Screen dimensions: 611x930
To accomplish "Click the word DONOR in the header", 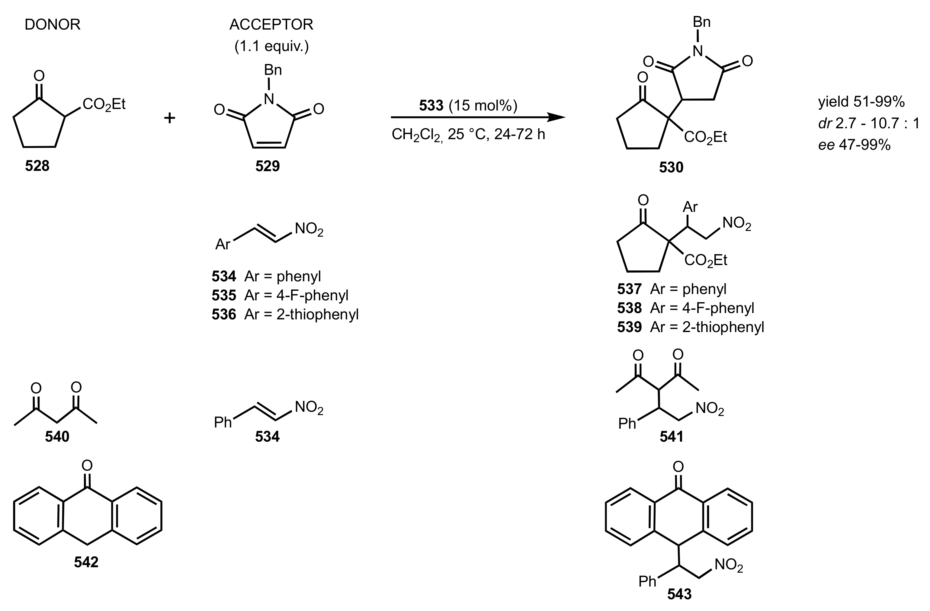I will pyautogui.click(x=52, y=25).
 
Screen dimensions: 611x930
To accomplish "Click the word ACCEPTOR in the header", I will pyautogui.click(x=271, y=25).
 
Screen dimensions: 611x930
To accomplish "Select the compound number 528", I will pyautogui.click(x=37, y=166).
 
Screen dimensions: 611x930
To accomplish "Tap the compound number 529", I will pyautogui.click(x=267, y=166).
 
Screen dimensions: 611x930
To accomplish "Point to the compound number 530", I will pyautogui.click(x=671, y=167).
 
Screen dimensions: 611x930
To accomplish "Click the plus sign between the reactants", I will pyautogui.click(x=169, y=118).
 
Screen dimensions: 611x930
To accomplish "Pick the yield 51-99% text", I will pyautogui.click(x=861, y=102).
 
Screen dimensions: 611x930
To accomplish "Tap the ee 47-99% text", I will pyautogui.click(x=854, y=145).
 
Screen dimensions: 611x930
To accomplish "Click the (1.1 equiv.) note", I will pyautogui.click(x=271, y=46).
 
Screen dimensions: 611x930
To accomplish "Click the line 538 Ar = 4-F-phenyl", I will pyautogui.click(x=685, y=308).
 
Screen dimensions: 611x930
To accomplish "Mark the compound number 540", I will pyautogui.click(x=57, y=437).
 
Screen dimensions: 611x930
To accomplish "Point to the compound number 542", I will pyautogui.click(x=86, y=562).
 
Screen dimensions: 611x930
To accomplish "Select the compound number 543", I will pyautogui.click(x=679, y=594).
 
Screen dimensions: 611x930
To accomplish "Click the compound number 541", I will pyautogui.click(x=671, y=437).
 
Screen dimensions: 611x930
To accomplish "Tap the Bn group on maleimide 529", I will pyautogui.click(x=273, y=70).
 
